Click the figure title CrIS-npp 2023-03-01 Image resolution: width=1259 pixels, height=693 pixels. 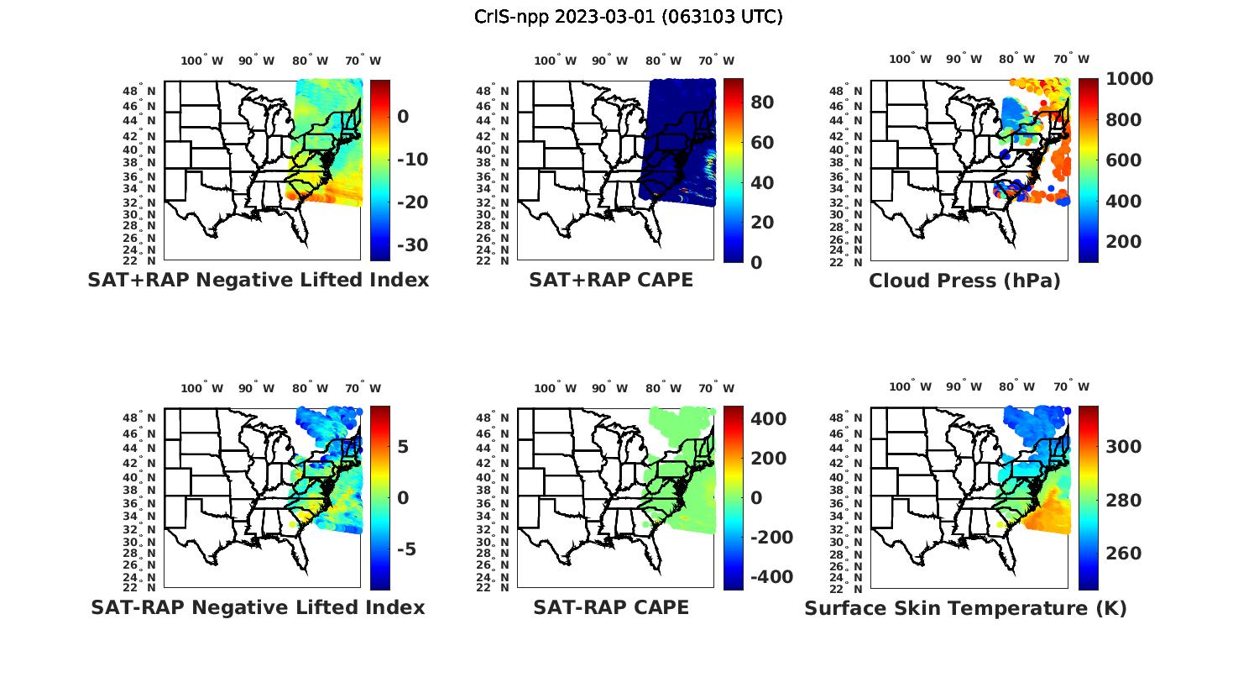[x=628, y=17]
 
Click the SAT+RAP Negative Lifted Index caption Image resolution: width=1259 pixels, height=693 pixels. [x=258, y=280]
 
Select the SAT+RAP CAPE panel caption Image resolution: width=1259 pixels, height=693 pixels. [x=611, y=280]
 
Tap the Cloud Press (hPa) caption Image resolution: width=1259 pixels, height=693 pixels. [x=964, y=281]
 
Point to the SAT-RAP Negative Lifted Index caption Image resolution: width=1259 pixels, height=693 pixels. [x=258, y=607]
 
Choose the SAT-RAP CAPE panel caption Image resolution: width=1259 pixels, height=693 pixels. [x=611, y=607]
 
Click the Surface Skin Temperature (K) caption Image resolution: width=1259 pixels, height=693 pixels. [x=965, y=608]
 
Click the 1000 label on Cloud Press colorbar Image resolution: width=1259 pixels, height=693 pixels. [x=1129, y=79]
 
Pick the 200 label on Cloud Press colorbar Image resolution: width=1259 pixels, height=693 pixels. [x=1124, y=242]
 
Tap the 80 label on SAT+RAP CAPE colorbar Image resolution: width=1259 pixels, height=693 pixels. [x=761, y=102]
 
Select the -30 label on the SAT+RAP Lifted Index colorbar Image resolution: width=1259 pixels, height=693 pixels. [x=412, y=245]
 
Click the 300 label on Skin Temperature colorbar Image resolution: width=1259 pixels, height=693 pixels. [x=1124, y=447]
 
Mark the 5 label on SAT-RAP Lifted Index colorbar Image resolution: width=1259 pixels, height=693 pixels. [x=403, y=446]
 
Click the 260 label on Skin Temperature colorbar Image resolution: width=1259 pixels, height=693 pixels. [x=1124, y=554]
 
